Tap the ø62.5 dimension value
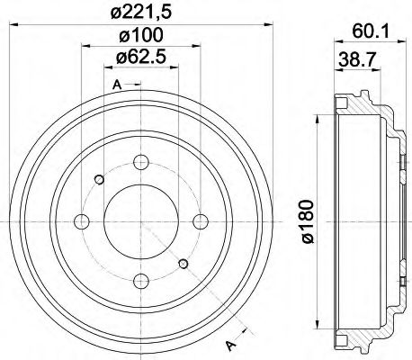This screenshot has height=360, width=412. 139,60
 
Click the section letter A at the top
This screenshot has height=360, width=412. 117,85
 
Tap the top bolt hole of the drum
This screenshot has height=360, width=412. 140,163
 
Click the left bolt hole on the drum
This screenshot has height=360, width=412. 83,221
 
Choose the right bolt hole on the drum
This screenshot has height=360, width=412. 199,221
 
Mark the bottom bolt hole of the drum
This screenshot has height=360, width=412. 140,279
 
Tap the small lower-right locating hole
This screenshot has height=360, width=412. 184,264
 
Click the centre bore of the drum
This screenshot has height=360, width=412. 140,221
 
